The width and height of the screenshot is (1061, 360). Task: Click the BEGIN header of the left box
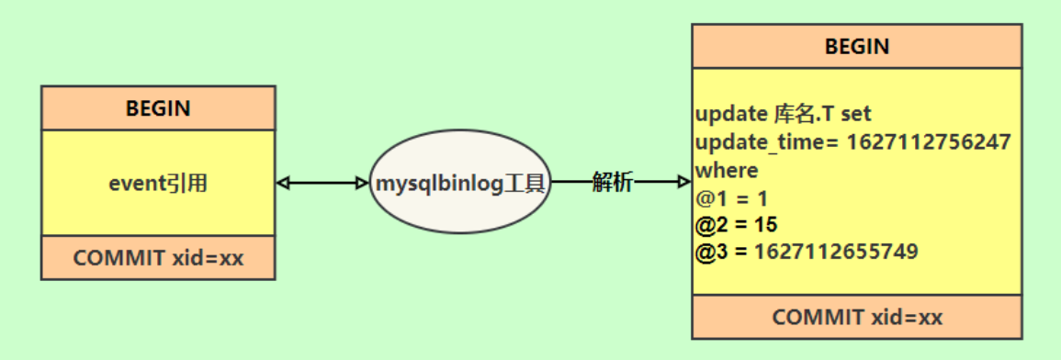tap(158, 108)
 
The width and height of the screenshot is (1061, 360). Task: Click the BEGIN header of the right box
tap(856, 46)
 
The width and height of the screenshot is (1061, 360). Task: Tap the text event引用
tap(158, 183)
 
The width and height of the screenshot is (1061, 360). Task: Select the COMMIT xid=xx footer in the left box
tap(158, 258)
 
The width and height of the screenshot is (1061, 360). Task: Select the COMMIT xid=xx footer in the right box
tap(856, 318)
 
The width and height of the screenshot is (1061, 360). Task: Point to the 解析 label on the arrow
tap(613, 182)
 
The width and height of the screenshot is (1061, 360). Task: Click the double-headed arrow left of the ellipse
tap(322, 183)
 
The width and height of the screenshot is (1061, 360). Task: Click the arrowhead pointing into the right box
tap(683, 182)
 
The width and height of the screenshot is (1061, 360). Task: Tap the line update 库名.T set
tap(783, 115)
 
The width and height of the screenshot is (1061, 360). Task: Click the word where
tap(727, 170)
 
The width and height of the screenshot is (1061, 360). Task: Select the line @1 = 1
tap(731, 197)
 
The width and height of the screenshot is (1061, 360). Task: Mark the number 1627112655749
tap(836, 252)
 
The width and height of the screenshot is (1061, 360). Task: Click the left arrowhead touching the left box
tap(283, 183)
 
